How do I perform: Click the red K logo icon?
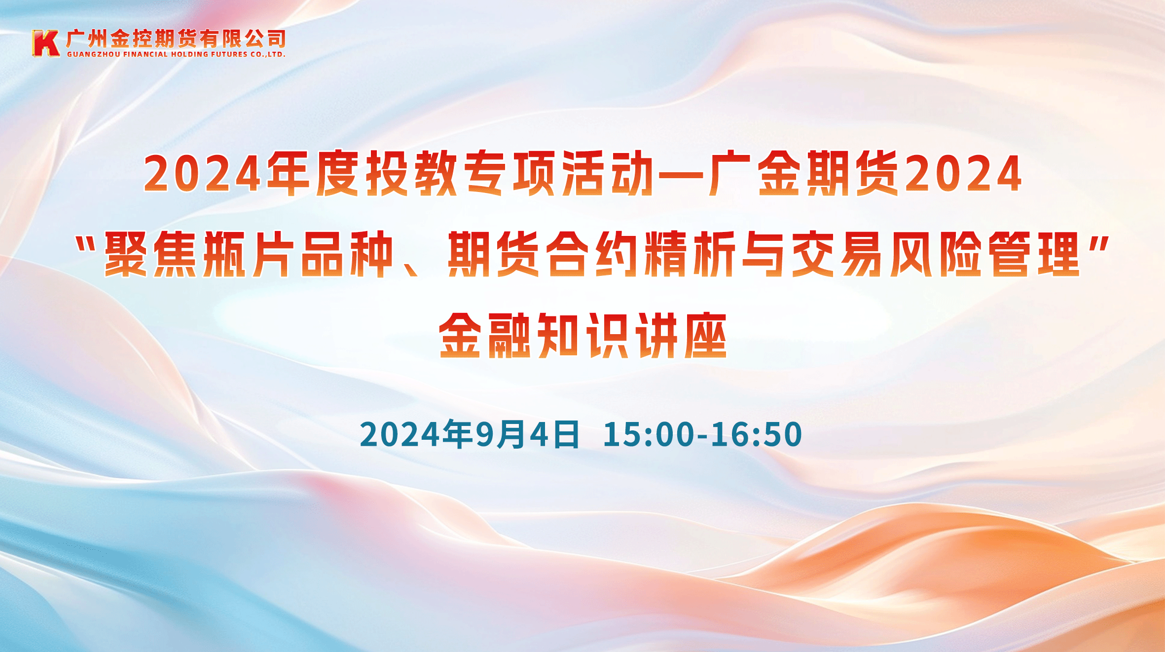click(46, 43)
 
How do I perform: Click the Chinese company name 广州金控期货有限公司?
click(176, 38)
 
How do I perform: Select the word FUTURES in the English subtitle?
click(229, 54)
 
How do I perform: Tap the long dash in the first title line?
click(681, 174)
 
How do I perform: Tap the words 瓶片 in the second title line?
click(249, 254)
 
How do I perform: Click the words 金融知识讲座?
click(582, 336)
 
